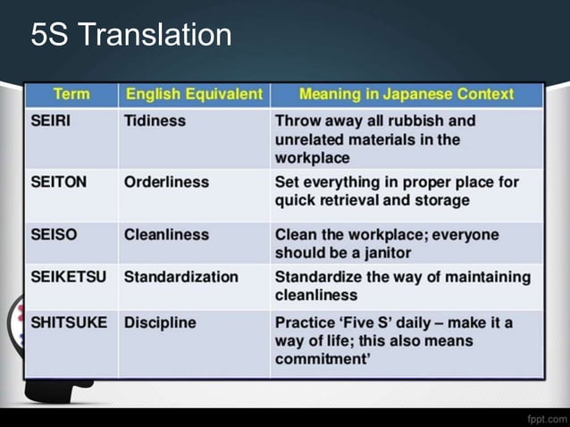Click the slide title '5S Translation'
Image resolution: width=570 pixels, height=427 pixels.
[x=130, y=36]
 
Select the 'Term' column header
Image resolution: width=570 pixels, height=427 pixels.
[x=71, y=94]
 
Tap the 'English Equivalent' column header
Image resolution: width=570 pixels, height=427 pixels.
[x=194, y=94]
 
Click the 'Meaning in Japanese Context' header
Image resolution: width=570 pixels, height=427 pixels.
[x=407, y=94]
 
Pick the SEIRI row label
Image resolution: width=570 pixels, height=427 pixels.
[x=51, y=121]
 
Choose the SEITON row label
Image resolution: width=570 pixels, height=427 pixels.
[x=58, y=182]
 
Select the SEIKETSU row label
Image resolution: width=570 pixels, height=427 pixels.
[x=68, y=277]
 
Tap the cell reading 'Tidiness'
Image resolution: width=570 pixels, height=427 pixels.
[x=155, y=121]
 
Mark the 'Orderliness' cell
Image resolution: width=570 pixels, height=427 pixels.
[x=166, y=182]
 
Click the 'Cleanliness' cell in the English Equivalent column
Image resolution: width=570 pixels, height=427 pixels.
[x=166, y=235]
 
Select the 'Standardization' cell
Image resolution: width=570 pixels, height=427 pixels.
[x=181, y=277]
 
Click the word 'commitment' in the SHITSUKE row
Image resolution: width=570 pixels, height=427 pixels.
[x=323, y=360]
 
